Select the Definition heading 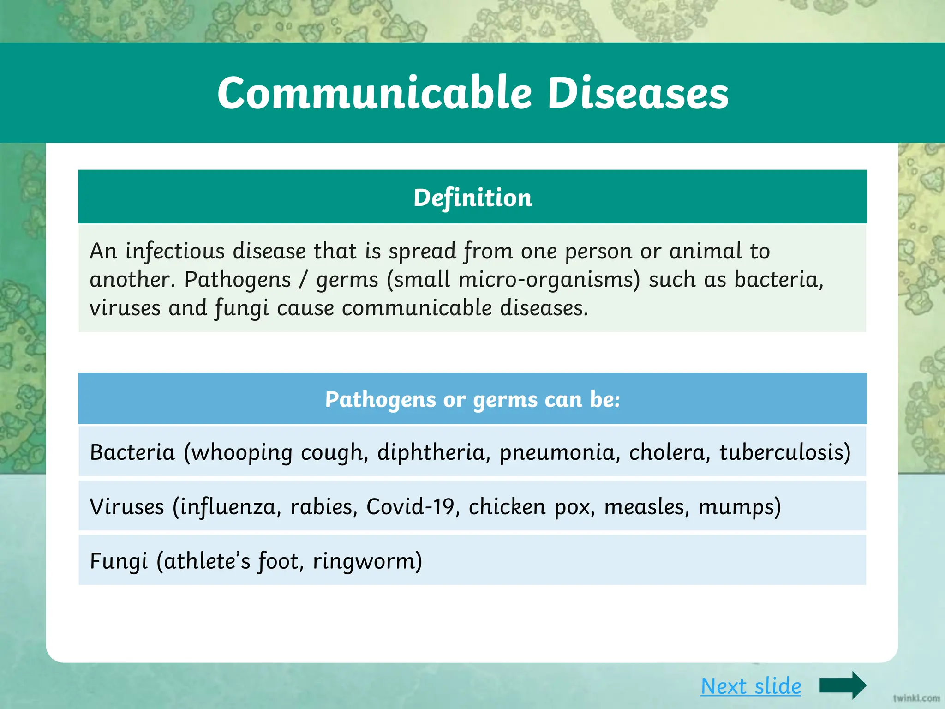pos(472,198)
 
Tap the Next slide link pos(751,686)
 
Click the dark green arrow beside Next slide pos(843,685)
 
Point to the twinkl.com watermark pos(916,698)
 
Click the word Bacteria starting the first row pos(132,452)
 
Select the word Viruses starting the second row pos(127,506)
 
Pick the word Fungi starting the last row pos(119,561)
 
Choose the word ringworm pos(367,562)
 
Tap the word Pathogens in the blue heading pos(380,399)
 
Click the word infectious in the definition pos(175,251)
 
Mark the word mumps pos(739,507)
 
